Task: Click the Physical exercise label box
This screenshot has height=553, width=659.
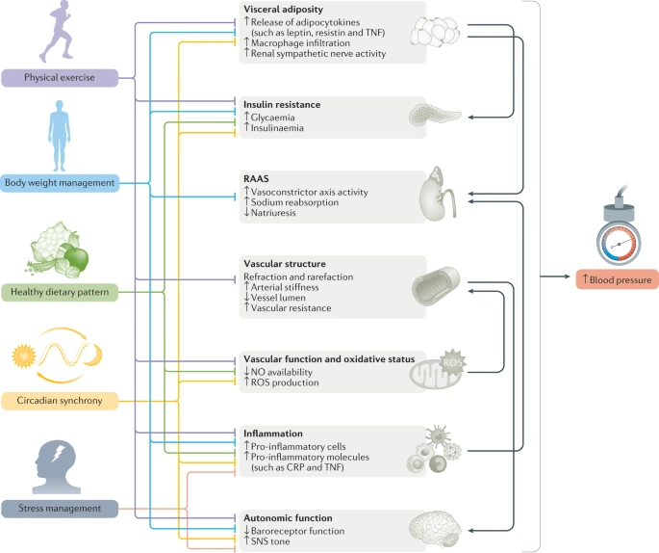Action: pos(60,77)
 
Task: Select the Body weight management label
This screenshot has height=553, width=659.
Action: pos(60,182)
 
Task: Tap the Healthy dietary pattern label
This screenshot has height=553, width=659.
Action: pos(60,291)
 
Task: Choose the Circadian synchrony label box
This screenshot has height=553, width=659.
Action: pos(60,398)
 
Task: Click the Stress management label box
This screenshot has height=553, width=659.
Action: pos(60,507)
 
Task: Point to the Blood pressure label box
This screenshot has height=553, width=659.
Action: pos(616,280)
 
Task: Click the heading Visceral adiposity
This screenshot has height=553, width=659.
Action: pos(284,10)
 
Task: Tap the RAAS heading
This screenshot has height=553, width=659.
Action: pos(257,178)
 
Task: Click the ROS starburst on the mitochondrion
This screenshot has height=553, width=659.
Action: pos(453,361)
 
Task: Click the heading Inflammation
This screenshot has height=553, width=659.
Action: pos(274,434)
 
